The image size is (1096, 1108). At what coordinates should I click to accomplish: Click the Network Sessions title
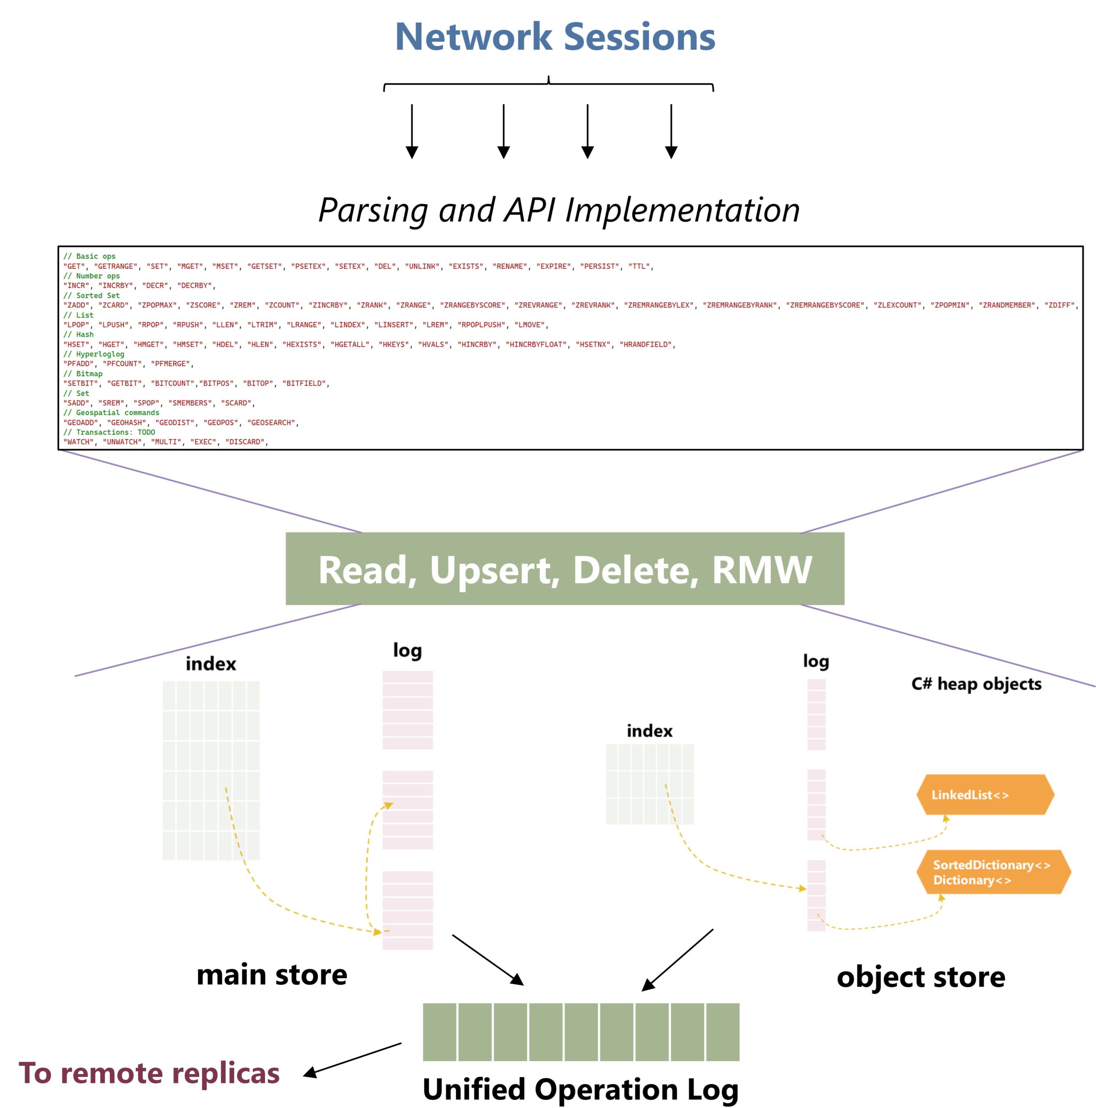pos(554,37)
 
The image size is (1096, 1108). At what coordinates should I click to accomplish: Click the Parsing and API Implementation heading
pos(559,210)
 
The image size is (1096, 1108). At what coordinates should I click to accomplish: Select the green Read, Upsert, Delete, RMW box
pos(564,569)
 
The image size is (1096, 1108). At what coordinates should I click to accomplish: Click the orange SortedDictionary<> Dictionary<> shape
pos(992,872)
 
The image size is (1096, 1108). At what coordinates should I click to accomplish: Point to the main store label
pos(271,975)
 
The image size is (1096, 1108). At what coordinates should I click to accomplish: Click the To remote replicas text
pos(149,1073)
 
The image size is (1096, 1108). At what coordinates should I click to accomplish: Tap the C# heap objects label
pos(976,683)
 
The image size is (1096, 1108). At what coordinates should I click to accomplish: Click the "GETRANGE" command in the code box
pos(115,267)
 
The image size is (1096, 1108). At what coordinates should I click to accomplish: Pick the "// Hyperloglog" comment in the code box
pos(93,354)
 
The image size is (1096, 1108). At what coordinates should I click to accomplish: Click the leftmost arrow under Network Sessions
pos(411,131)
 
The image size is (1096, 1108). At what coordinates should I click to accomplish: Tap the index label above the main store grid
pos(210,664)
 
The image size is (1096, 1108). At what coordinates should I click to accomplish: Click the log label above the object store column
pos(815,661)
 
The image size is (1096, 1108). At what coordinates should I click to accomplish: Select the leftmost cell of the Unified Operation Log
pos(439,1032)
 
